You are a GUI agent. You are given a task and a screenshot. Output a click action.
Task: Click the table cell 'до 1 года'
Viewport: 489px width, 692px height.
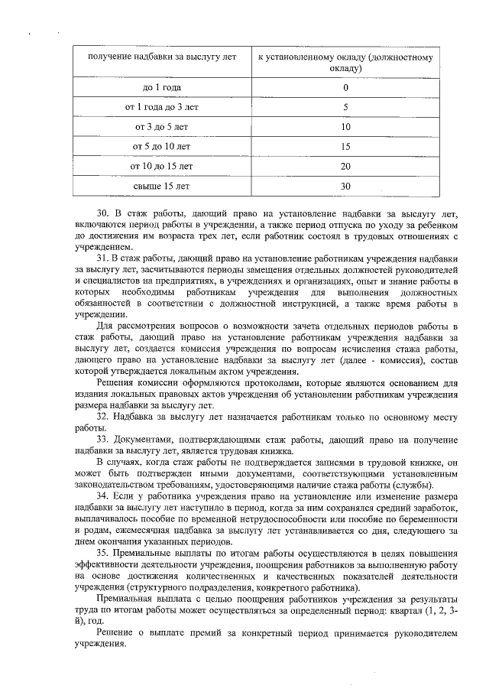(161, 87)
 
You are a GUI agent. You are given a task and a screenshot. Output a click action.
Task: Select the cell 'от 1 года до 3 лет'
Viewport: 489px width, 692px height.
(161, 107)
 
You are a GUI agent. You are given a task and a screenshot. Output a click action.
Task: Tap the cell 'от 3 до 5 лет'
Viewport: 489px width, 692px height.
(161, 127)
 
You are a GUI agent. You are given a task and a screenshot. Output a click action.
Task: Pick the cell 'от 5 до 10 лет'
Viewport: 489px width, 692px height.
(161, 146)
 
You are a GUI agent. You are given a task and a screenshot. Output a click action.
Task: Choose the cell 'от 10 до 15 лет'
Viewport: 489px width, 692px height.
(161, 166)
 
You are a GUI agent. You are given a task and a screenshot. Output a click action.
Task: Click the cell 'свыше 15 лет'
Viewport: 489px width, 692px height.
(161, 186)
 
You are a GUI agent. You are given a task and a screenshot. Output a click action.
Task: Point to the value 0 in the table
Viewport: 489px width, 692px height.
(345, 87)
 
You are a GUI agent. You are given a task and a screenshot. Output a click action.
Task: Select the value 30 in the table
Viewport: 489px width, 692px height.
(345, 186)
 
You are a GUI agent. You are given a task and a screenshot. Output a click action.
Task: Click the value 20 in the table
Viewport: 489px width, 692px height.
(345, 166)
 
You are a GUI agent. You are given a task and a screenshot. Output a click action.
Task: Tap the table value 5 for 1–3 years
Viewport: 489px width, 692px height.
(345, 107)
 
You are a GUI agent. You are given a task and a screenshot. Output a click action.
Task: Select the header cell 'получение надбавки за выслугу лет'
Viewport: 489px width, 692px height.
(161, 57)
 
